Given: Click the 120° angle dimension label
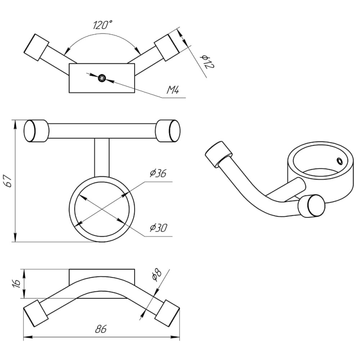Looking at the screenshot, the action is (103, 25).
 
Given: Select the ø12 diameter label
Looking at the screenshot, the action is (207, 62).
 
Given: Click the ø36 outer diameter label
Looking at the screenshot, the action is (158, 173).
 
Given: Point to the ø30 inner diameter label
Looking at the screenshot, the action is (158, 228).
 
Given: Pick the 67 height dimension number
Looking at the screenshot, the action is (9, 181).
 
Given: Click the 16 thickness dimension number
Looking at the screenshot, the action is (17, 284).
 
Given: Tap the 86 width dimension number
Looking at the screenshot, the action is (101, 329).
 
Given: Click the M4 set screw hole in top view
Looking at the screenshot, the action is (102, 78).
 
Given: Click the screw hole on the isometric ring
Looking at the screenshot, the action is (339, 161).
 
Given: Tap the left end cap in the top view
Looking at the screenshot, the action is (36, 47).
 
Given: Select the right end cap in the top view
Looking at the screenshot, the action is (167, 47).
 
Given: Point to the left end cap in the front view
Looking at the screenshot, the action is (36, 131).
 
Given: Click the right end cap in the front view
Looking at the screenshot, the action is (168, 131).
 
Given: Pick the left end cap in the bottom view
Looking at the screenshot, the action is (36, 313).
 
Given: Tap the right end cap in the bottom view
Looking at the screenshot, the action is (167, 313).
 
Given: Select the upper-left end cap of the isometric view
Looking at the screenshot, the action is (218, 154).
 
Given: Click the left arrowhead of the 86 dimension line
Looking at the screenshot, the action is (27, 337).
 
